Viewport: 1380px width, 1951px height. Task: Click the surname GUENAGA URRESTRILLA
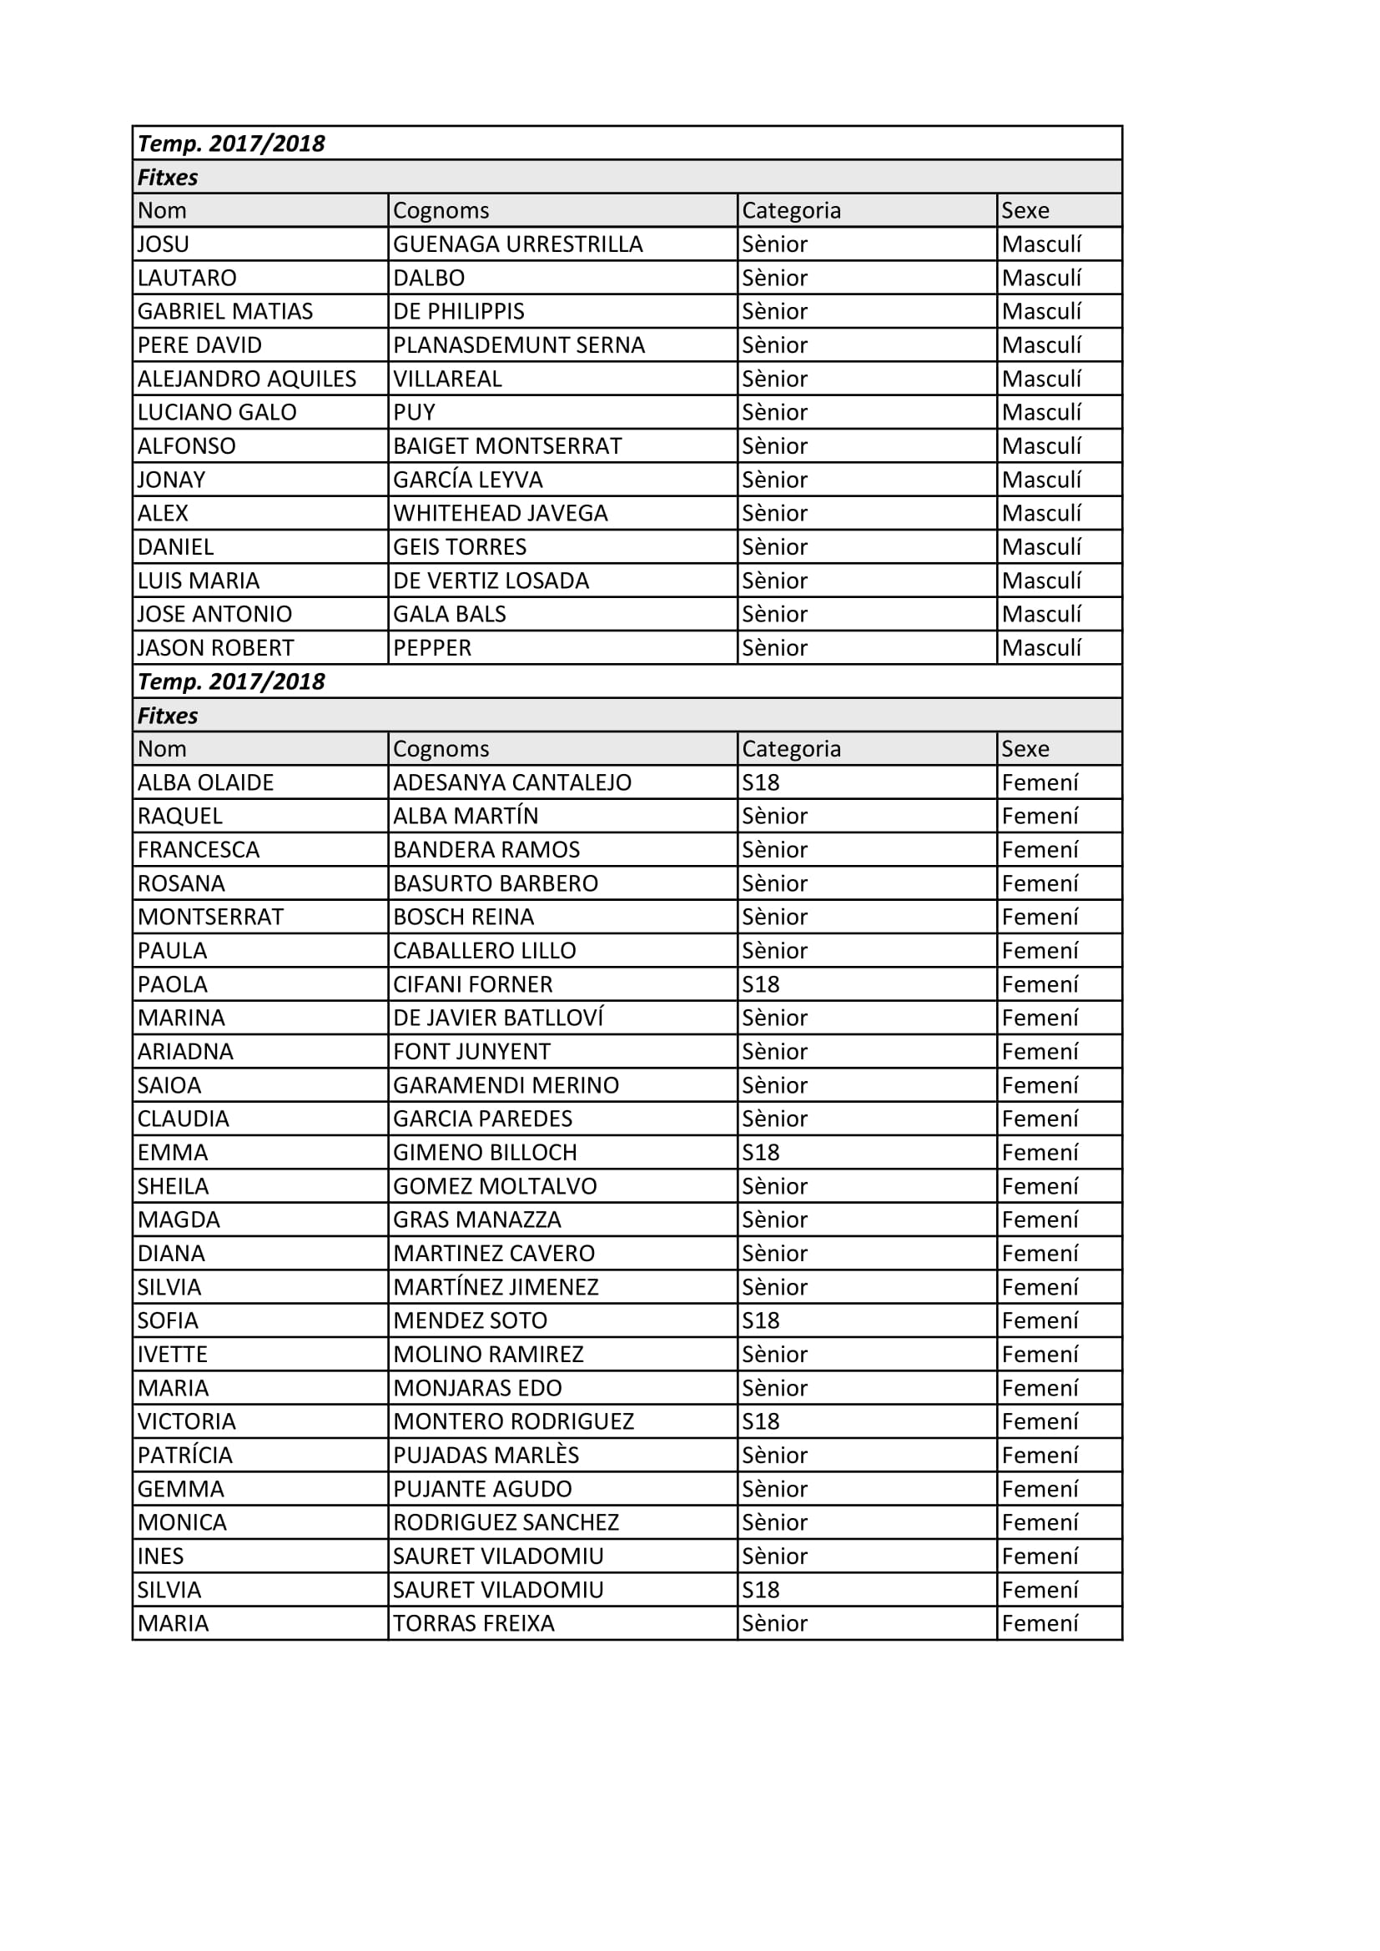tap(517, 244)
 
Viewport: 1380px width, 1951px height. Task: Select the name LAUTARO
tap(187, 278)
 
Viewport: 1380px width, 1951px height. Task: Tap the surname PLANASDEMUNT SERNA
tap(518, 345)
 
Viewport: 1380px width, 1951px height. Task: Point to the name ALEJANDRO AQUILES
tap(246, 379)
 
